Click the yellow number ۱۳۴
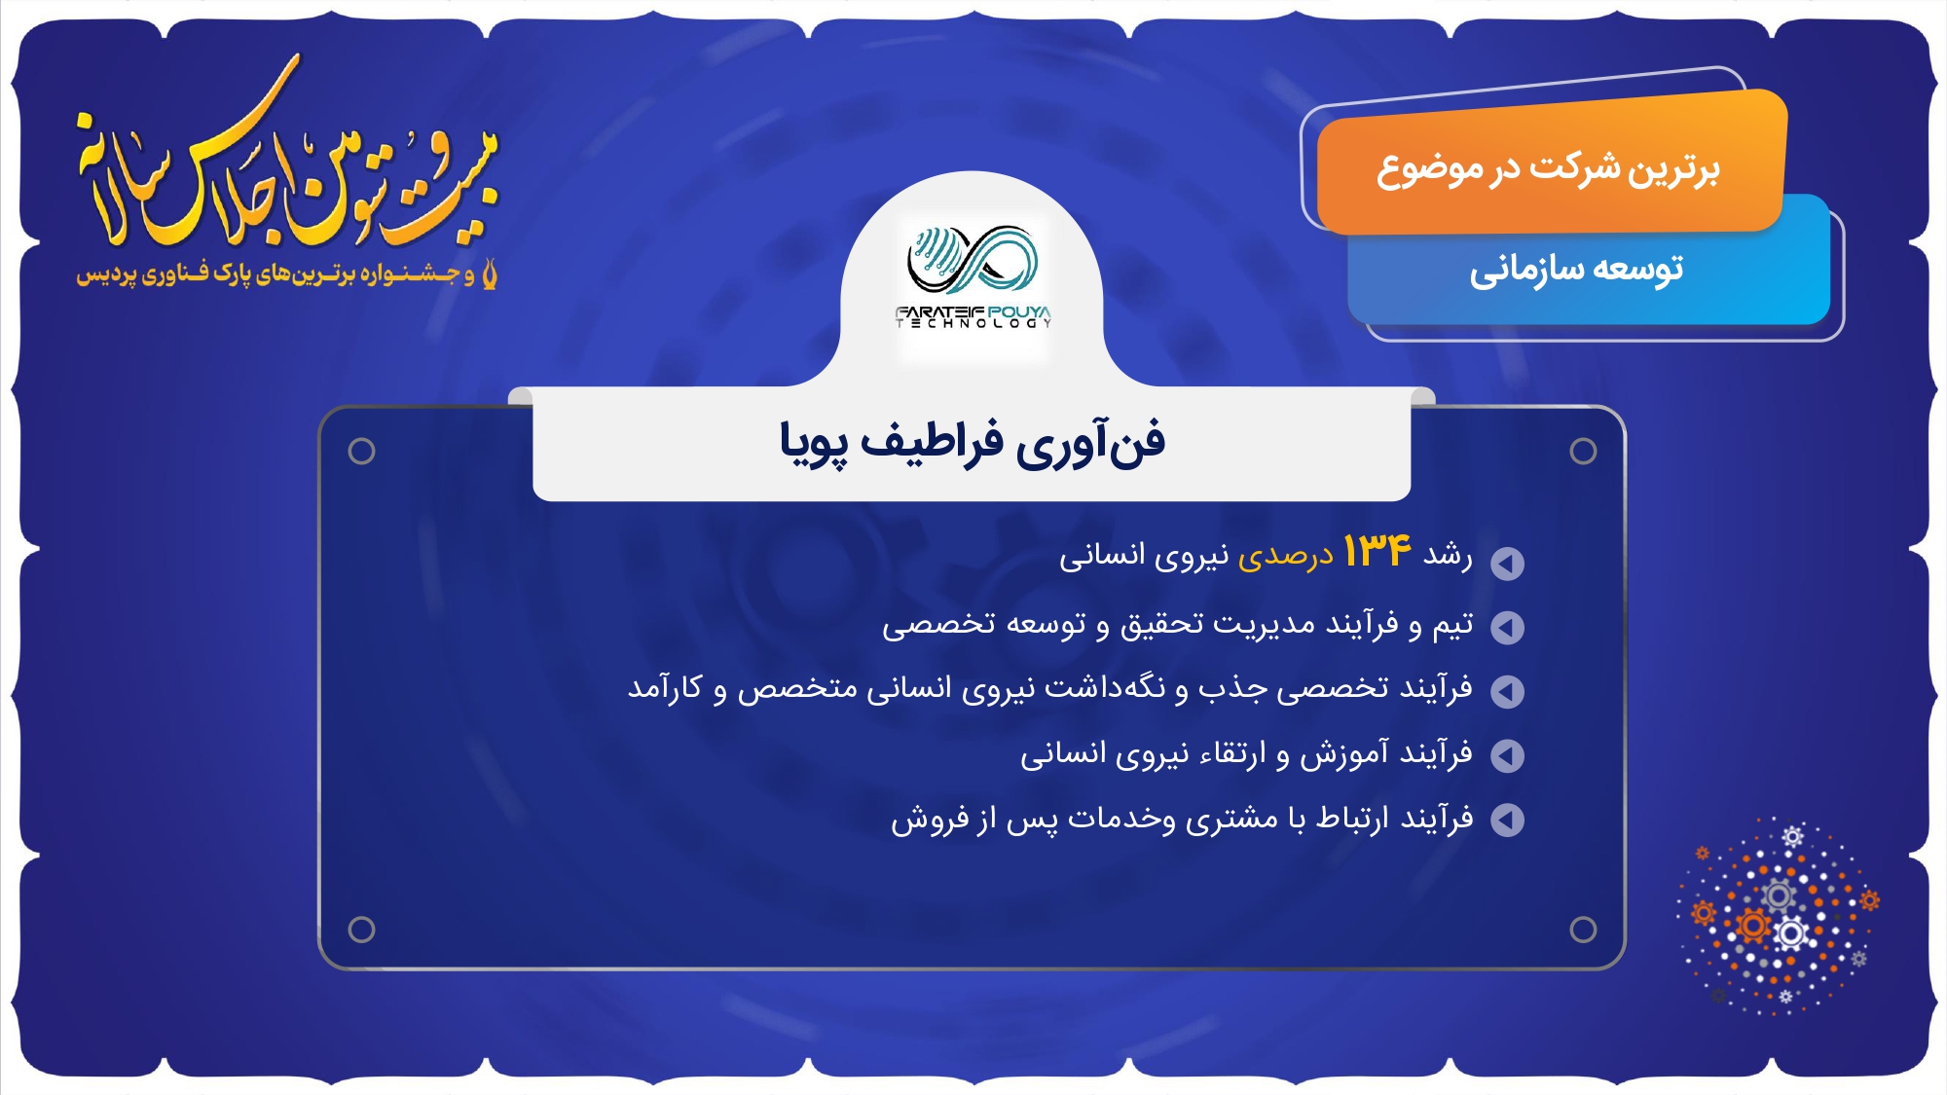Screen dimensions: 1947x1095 pos(1377,551)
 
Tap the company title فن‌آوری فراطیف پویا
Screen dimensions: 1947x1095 pos(972,443)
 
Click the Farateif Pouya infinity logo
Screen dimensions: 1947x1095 pos(973,260)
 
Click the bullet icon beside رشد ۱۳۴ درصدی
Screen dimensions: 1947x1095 pos(1507,563)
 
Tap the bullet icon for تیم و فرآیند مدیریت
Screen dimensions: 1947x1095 pos(1507,627)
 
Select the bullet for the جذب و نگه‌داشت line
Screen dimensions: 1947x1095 pos(1507,691)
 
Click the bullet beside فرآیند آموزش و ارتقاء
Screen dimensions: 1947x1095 pos(1507,755)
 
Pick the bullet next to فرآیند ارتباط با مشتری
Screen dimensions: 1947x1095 pos(1507,820)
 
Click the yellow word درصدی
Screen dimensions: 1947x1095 pos(1285,556)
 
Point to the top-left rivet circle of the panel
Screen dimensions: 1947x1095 pos(361,451)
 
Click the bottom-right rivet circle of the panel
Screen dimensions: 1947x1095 pos(1583,930)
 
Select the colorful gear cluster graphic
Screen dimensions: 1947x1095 pos(1778,916)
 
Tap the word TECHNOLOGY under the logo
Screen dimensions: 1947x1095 pos(973,323)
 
